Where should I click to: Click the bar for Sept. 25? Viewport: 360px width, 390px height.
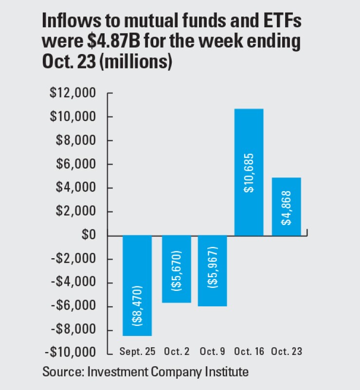point(137,285)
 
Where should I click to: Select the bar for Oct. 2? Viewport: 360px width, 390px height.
point(176,269)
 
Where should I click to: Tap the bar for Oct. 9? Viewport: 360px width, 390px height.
point(212,271)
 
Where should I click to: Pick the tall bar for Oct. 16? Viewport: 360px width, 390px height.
point(249,172)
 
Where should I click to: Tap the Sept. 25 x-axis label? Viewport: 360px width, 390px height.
point(137,352)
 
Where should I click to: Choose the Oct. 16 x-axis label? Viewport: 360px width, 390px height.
point(249,352)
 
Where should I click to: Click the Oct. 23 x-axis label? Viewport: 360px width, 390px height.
point(286,352)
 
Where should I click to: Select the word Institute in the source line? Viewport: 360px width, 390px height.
point(224,372)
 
